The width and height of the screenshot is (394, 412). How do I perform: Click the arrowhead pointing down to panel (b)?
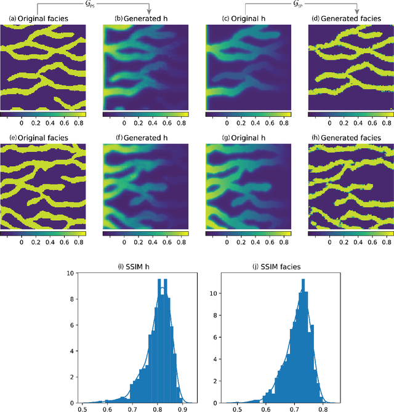[x=149, y=9]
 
